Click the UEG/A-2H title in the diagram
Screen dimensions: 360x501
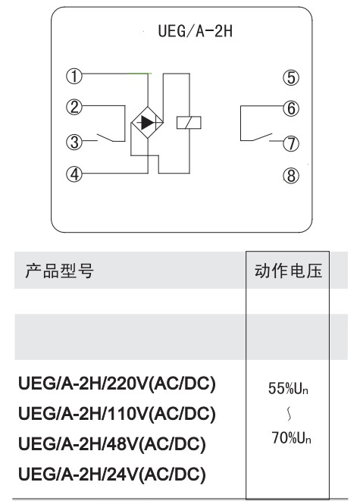(x=196, y=31)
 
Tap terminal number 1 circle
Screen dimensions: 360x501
(x=74, y=77)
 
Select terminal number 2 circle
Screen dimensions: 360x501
(x=74, y=107)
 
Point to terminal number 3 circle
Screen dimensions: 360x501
(x=74, y=142)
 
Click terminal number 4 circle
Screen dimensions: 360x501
(x=74, y=174)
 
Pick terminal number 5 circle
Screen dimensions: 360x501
(x=291, y=77)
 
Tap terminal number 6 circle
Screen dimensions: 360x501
(x=291, y=108)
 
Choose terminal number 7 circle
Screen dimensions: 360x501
(x=291, y=143)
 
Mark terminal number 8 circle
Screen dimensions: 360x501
(x=291, y=176)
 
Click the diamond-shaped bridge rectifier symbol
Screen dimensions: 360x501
(x=147, y=122)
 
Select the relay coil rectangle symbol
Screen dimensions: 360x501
(x=189, y=122)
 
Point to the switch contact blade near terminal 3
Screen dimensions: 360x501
(x=105, y=137)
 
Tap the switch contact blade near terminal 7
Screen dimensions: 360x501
(x=262, y=136)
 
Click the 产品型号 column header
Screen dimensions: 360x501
(x=59, y=271)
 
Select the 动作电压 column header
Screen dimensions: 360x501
(x=288, y=271)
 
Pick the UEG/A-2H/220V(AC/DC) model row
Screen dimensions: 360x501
(x=117, y=384)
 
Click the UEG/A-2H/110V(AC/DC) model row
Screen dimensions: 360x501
(x=117, y=413)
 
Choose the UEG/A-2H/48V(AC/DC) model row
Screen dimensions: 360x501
(x=112, y=444)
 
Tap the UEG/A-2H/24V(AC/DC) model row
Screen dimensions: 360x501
(x=112, y=474)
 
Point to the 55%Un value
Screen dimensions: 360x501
(x=288, y=388)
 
